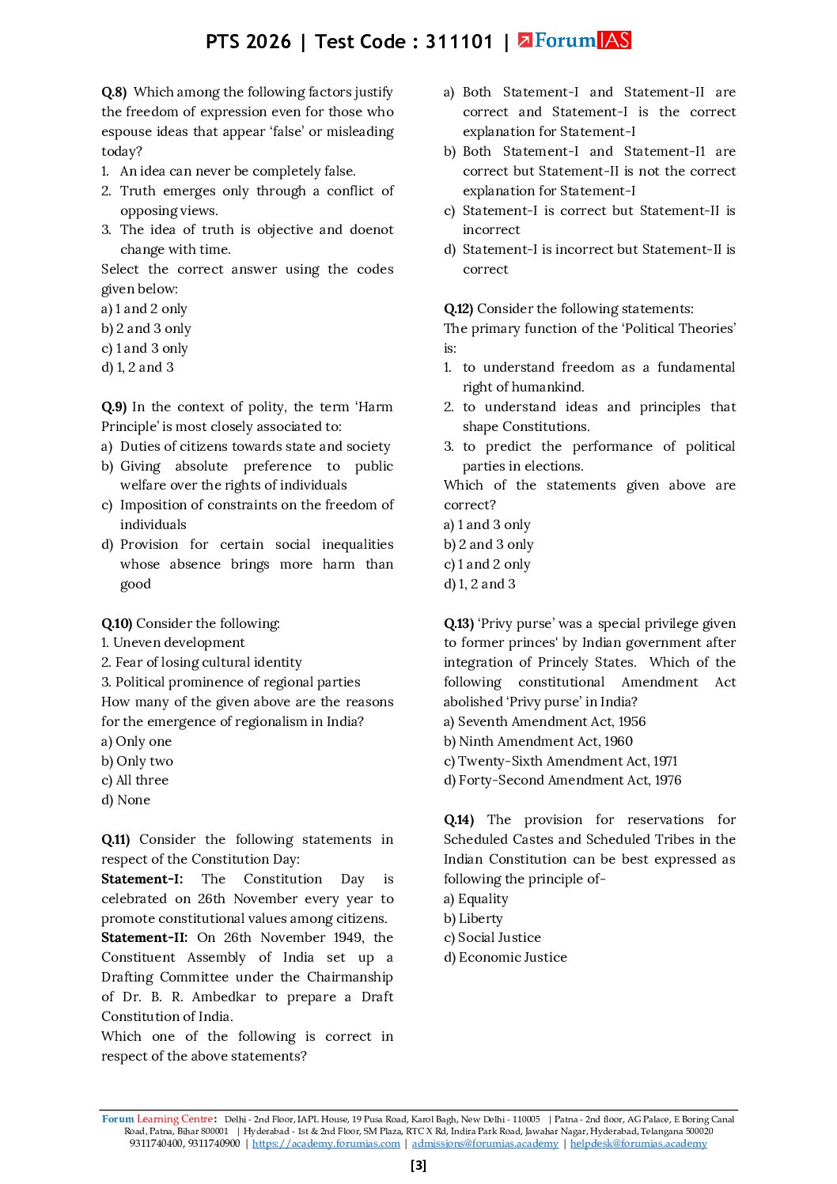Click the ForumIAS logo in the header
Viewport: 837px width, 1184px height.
[x=574, y=40]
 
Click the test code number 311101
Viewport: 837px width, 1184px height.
[x=459, y=42]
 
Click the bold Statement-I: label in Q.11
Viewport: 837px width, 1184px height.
[x=142, y=879]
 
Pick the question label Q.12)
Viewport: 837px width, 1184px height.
[x=458, y=308]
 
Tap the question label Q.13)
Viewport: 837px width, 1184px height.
[x=458, y=623]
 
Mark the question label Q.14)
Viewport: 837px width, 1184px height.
[x=458, y=819]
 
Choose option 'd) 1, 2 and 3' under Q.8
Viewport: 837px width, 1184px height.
[x=138, y=368]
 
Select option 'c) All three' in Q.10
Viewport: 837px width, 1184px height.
[x=135, y=780]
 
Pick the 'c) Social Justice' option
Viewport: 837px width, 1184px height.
[x=492, y=937]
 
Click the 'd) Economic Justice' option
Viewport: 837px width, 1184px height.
[x=506, y=957]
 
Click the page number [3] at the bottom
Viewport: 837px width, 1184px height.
[x=418, y=1165]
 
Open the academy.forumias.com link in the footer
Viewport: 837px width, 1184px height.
[x=326, y=1143]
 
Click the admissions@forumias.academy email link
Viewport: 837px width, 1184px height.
[x=485, y=1143]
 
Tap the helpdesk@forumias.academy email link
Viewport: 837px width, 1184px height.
[x=638, y=1143]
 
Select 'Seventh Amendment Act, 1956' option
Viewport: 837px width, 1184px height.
[x=544, y=721]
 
